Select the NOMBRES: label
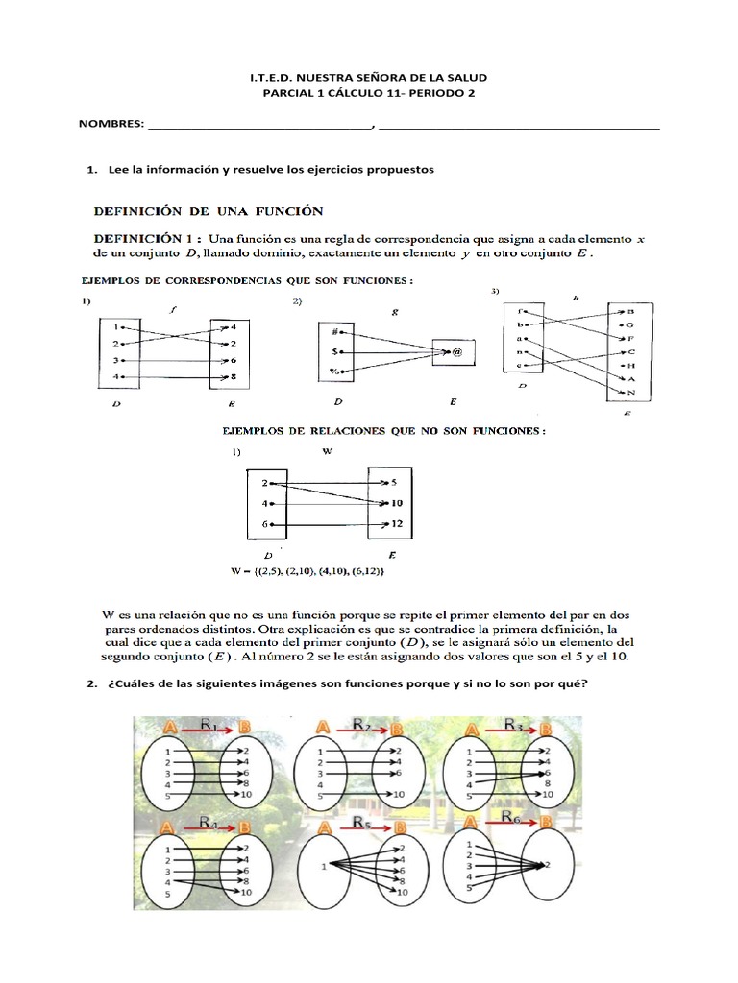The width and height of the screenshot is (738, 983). [x=111, y=124]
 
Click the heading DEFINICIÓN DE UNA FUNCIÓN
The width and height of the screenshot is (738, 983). [x=208, y=210]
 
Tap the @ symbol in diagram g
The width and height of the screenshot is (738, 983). [x=457, y=352]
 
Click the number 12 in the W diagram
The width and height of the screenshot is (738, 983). [x=397, y=524]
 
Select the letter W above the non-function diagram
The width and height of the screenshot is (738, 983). [x=327, y=451]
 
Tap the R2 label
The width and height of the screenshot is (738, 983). [x=361, y=726]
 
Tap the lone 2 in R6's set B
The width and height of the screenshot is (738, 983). [x=547, y=865]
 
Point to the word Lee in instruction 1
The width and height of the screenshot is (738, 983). [x=118, y=169]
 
